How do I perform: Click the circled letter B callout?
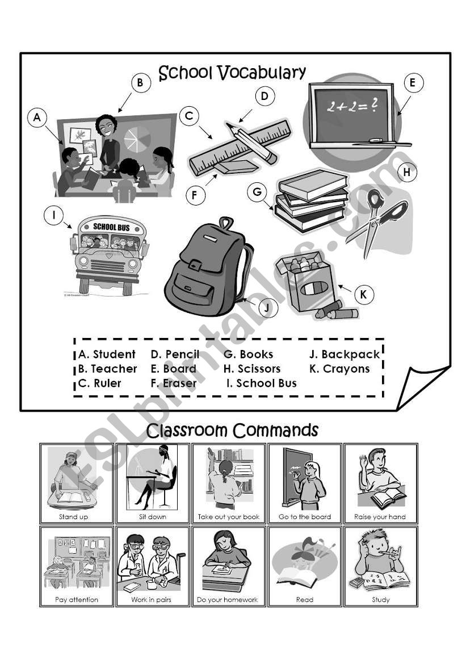point(141,82)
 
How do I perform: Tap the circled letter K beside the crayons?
point(364,294)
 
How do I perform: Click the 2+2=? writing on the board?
point(352,106)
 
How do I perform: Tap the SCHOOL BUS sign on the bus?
point(111,227)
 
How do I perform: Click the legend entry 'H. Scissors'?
point(252,369)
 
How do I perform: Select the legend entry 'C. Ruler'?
point(99,383)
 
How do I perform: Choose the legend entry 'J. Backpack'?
point(345,354)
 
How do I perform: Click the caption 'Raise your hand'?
point(380,517)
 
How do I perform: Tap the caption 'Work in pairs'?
point(151,600)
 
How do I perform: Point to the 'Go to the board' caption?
point(305,517)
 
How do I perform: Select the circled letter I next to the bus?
point(54,215)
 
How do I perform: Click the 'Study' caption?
point(380,600)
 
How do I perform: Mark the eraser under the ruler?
point(236,166)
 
